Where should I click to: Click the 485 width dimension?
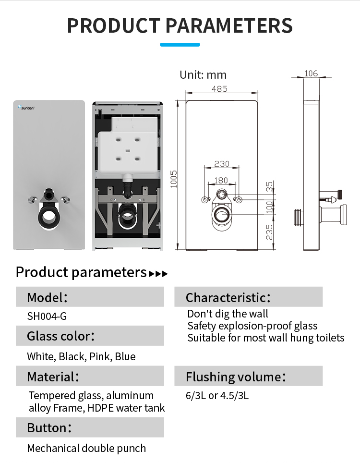click(219, 88)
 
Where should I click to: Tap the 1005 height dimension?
click(173, 179)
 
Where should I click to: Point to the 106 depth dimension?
click(311, 73)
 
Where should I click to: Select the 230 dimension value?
click(222, 164)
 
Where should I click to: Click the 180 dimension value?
click(221, 180)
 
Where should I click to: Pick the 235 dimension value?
click(269, 232)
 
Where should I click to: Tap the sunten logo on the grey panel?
click(26, 107)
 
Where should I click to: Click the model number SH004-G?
click(47, 316)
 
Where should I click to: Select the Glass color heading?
click(61, 336)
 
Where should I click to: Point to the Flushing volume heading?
click(236, 377)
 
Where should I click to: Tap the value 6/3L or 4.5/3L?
click(217, 395)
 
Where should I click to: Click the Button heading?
click(49, 427)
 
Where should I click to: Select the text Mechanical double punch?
click(86, 448)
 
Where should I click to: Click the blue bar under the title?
click(180, 45)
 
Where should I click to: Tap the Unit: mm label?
click(203, 75)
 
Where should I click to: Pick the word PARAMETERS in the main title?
click(229, 25)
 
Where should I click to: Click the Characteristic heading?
click(228, 298)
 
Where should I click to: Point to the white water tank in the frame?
click(128, 145)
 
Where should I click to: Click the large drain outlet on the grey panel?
click(48, 217)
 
